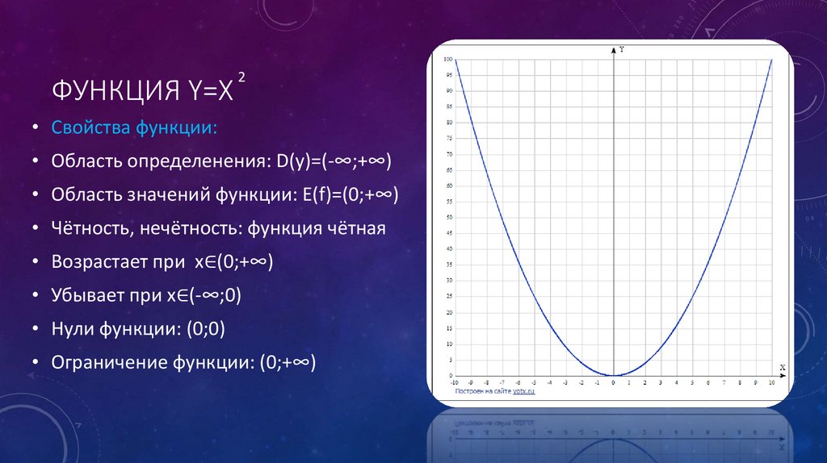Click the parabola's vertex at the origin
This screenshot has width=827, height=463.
615,375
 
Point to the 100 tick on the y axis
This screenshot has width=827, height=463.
448,59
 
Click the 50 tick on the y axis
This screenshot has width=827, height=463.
448,217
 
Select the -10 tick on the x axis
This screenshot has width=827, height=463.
455,382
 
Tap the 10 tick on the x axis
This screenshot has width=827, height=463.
772,382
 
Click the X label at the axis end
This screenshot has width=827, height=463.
782,368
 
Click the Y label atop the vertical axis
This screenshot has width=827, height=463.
621,50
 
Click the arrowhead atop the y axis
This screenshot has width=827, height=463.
615,51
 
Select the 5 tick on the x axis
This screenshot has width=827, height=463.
693,382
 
